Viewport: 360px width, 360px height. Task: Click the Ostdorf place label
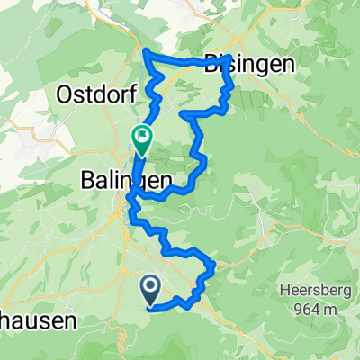click(94, 92)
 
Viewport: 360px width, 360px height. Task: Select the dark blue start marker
click(148, 290)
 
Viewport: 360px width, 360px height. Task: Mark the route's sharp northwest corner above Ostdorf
click(146, 54)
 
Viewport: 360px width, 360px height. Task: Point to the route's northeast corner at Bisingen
click(230, 58)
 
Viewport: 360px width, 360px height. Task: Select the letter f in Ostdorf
click(123, 92)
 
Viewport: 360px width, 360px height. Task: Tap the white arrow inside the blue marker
click(148, 288)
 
